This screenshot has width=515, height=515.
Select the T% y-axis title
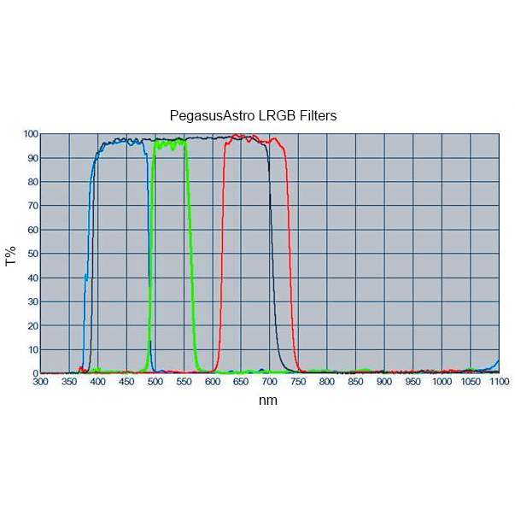click(x=11, y=255)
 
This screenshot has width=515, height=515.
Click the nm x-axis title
click(x=268, y=400)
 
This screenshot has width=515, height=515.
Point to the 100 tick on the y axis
click(x=30, y=134)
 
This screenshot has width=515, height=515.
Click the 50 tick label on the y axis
click(x=32, y=254)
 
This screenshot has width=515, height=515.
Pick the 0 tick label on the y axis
click(x=35, y=373)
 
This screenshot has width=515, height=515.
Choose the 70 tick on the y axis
click(x=32, y=206)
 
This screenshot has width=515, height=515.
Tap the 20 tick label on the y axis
click(x=32, y=325)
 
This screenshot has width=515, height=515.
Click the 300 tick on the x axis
click(x=41, y=383)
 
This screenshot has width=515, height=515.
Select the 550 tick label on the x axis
click(x=184, y=383)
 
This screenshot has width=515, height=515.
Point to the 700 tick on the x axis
click(x=270, y=383)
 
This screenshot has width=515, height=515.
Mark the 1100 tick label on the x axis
click(x=499, y=383)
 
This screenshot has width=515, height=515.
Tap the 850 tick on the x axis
click(x=355, y=383)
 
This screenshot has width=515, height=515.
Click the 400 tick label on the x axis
click(x=98, y=383)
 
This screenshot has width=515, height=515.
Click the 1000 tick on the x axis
click(x=442, y=383)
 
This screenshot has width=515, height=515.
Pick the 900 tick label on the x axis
click(x=384, y=383)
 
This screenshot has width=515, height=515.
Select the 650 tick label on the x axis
click(x=241, y=383)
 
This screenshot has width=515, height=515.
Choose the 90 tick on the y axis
click(x=32, y=158)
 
